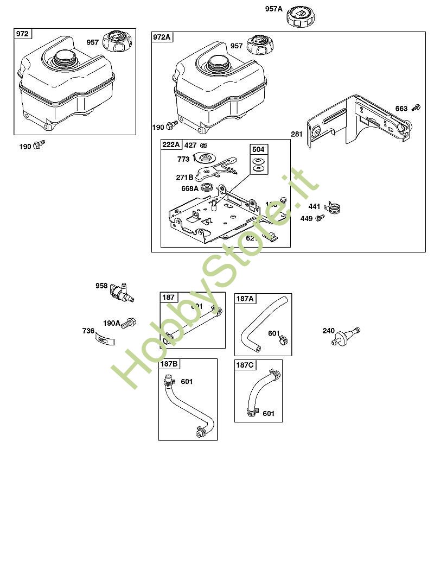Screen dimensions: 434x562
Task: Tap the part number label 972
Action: [22, 34]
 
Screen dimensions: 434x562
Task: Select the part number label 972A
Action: [162, 37]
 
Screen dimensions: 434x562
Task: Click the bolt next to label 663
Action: [416, 107]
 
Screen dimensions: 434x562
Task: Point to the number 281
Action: [297, 134]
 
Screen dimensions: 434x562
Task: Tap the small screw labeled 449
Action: [320, 218]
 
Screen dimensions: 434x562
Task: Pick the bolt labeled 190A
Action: [129, 323]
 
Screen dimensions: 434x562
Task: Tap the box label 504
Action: [259, 149]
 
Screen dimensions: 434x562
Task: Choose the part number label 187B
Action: [168, 364]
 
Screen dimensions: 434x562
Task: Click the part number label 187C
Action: [244, 365]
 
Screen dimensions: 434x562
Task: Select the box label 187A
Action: [245, 299]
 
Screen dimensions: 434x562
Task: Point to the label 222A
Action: [171, 144]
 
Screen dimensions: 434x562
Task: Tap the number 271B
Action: [185, 177]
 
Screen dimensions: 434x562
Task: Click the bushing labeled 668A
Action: [207, 188]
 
